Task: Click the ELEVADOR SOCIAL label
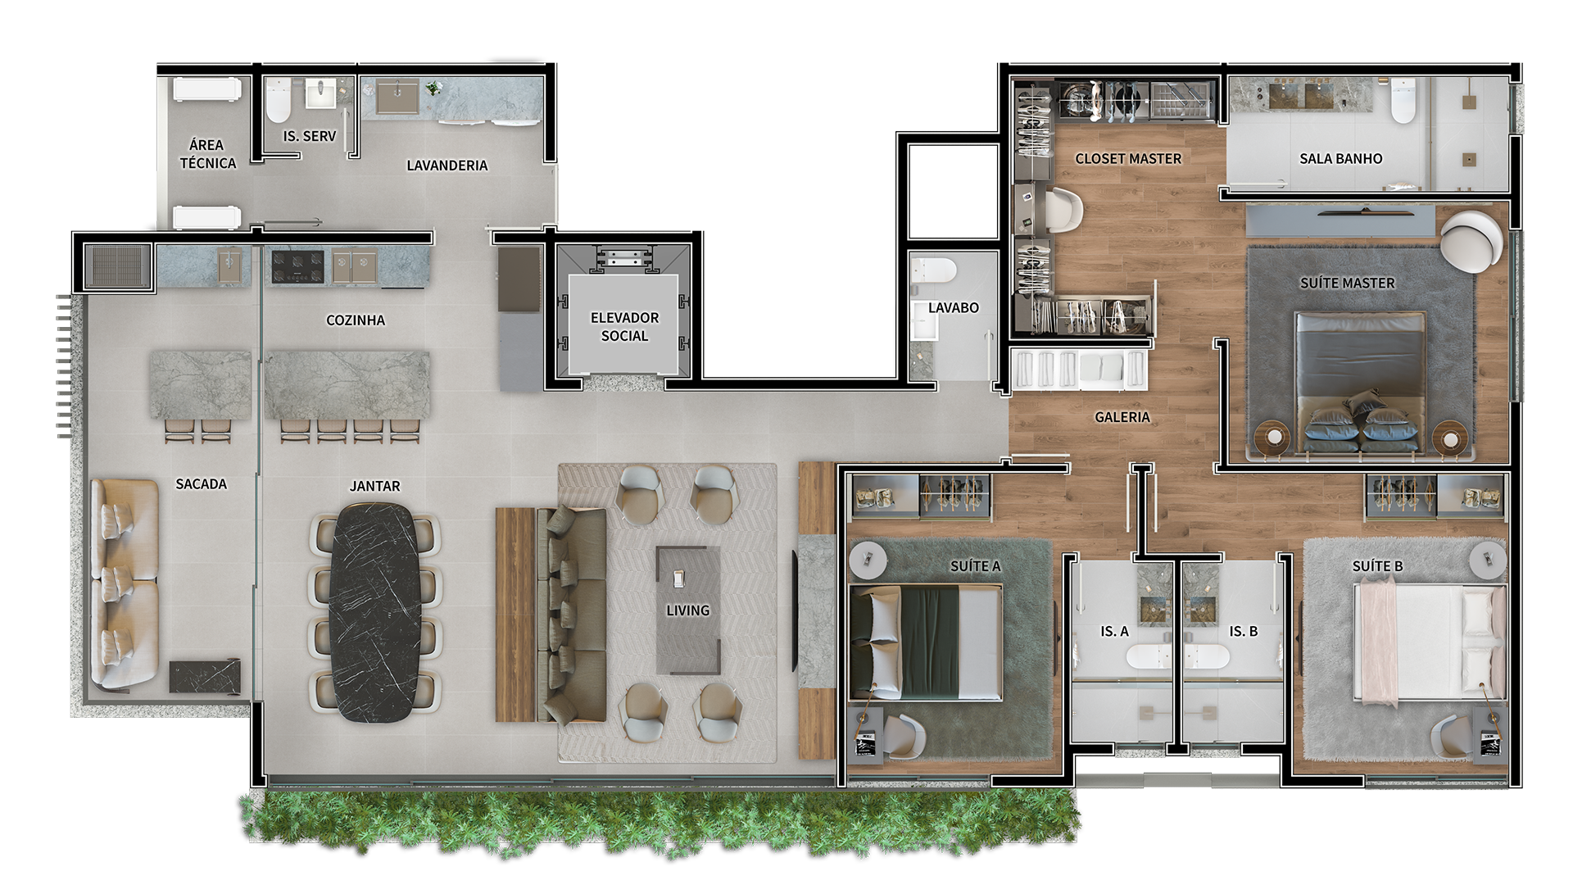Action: [624, 326]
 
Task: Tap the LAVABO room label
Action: [954, 307]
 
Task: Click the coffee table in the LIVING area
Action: [688, 610]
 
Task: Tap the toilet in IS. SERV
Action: [279, 100]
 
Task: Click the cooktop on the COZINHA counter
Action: [297, 267]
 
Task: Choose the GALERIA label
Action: [1122, 417]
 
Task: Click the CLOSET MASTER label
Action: [1128, 158]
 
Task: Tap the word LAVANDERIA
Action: [447, 166]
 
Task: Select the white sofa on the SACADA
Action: [124, 583]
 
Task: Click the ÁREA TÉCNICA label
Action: [208, 154]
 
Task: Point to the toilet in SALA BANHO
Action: [1403, 101]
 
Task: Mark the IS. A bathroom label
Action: [1114, 632]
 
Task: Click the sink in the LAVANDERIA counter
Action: [397, 96]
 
